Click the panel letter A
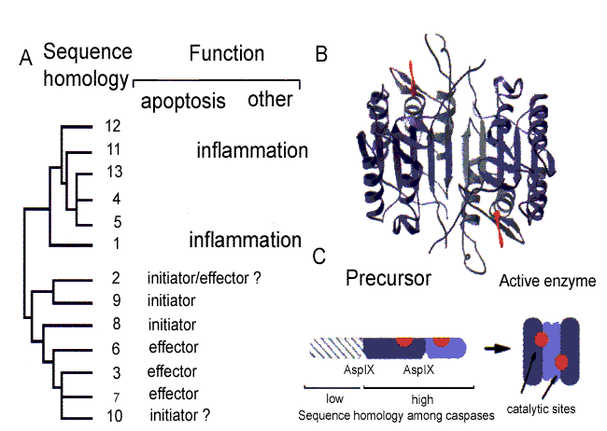coord(26,58)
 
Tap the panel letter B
coord(321,54)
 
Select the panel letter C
coord(319,257)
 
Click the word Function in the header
coord(227,53)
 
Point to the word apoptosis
coord(183,102)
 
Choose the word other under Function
coord(270,100)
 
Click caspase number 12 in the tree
coord(113,126)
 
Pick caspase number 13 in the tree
coord(114,172)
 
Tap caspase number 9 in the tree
coord(116,300)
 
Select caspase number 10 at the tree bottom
coord(115,416)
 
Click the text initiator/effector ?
coord(205,278)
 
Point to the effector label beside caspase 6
coord(174,347)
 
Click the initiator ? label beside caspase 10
coord(180,415)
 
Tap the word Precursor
coord(388,278)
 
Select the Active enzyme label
coord(547,281)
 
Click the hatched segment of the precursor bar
coord(336,347)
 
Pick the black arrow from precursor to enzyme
coord(498,349)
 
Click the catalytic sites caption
coord(541,409)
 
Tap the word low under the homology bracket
coord(335,398)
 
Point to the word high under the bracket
coord(422,399)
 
